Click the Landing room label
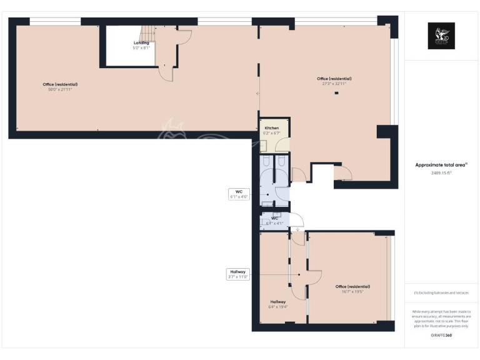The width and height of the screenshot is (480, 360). point(141,42)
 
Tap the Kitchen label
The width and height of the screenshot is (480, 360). point(271,128)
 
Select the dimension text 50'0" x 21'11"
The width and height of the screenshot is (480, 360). point(60,89)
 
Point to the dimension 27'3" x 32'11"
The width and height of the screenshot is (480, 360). point(334,83)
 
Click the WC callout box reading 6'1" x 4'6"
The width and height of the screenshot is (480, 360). point(239,193)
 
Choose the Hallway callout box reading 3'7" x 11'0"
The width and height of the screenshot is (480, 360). point(238,274)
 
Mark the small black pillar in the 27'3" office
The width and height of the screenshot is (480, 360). point(337,93)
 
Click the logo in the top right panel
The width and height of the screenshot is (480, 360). point(441,36)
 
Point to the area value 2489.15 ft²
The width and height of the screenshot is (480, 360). point(441,173)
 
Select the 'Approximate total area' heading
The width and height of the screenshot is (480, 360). point(441,165)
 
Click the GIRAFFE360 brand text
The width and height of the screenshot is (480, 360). point(441,336)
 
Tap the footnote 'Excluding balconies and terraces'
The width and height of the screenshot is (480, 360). point(441,292)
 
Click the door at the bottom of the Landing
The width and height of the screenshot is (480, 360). point(166,73)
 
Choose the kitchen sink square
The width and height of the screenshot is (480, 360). point(264,146)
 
